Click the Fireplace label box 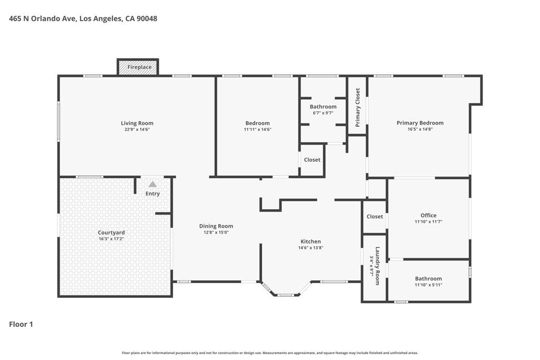(x=139, y=67)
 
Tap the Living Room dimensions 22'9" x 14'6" (x=137, y=130)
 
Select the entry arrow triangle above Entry (x=152, y=184)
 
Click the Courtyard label (x=111, y=232)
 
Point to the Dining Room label (x=216, y=226)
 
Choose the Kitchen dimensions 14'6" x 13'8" (x=310, y=248)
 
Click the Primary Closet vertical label (x=358, y=108)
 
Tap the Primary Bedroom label (x=420, y=123)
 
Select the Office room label (x=428, y=215)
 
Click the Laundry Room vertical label (x=377, y=266)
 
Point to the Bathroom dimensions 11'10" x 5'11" (x=428, y=285)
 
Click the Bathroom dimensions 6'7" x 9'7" (x=323, y=113)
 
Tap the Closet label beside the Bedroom (x=312, y=160)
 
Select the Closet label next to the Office (x=374, y=217)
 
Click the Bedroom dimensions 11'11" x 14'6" (x=257, y=130)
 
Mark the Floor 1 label (x=21, y=324)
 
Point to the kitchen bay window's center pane (x=285, y=295)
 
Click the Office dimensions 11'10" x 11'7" (x=428, y=222)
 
